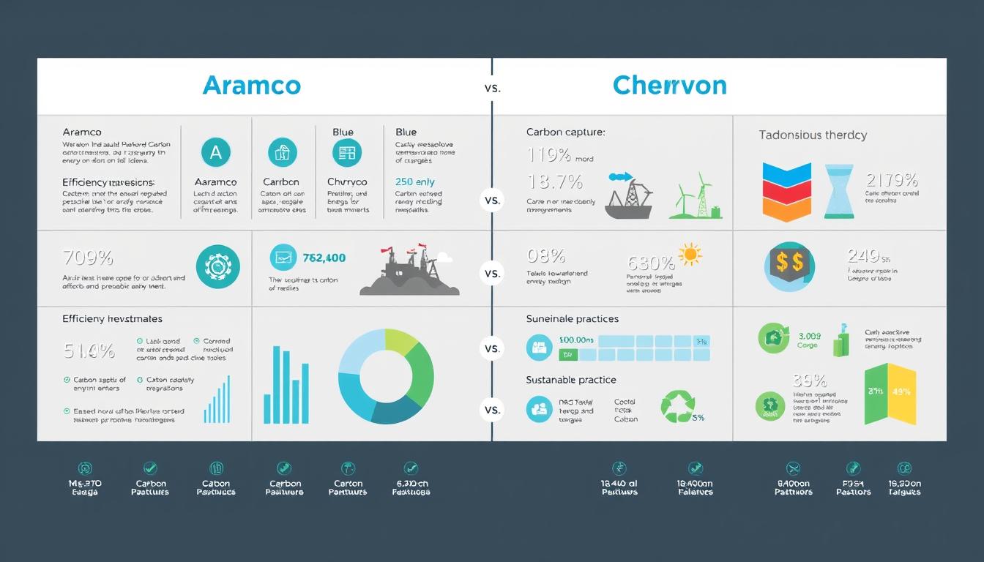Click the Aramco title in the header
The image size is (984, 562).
coord(251,86)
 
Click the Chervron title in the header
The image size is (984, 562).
coord(669,86)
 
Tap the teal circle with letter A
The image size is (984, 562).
coord(215,152)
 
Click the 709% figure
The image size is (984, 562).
coord(88,258)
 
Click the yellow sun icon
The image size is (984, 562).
coord(690,255)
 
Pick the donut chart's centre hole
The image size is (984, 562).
coord(386,376)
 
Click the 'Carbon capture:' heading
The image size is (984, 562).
coord(565,132)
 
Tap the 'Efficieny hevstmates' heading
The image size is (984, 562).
coord(112,319)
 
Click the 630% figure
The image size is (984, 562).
coord(650,263)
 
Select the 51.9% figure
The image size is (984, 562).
coord(89,351)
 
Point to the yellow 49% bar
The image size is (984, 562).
coord(901,394)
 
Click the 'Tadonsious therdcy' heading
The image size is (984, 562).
coord(813,135)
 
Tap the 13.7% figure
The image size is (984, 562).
coord(554,181)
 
